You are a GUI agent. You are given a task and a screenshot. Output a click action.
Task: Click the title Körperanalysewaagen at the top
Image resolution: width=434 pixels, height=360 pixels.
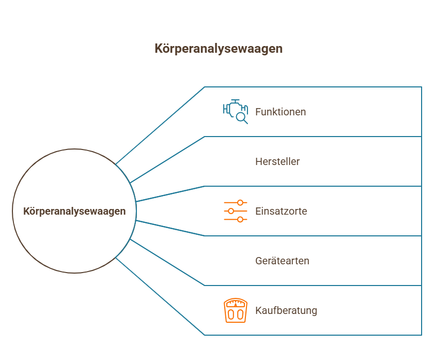coord(219,49)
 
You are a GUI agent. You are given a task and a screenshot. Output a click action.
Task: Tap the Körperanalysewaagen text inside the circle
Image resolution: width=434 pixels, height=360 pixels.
coord(74,212)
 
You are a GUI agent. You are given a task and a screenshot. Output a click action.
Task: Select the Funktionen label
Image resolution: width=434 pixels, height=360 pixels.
coord(281,112)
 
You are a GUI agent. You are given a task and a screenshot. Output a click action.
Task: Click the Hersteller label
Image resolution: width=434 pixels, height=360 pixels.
coord(277,161)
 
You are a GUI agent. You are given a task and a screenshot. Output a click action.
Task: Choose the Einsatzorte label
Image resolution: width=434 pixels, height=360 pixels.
coord(281,211)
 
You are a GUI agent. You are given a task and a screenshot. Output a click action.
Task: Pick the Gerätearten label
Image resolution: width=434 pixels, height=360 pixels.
coord(282,261)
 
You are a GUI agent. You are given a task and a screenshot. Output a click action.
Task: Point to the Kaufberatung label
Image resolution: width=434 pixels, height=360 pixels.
coord(286,310)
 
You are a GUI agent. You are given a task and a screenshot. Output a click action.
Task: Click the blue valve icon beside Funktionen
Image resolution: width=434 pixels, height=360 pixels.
coord(235,111)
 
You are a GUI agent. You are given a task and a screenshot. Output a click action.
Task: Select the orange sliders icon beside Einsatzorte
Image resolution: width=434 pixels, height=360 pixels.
coord(236,211)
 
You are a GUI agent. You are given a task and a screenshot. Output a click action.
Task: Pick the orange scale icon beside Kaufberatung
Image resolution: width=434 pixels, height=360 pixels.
coord(236,310)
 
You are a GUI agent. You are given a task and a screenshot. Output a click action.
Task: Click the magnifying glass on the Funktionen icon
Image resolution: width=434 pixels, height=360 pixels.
coord(241,118)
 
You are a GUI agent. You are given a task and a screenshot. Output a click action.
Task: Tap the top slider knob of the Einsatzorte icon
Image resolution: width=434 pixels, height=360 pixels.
coord(240,203)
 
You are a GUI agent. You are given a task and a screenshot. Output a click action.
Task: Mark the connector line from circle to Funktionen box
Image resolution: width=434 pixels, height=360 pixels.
coord(160,125)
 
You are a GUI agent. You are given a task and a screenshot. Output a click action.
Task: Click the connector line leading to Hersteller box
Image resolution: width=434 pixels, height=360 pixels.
coord(168,159)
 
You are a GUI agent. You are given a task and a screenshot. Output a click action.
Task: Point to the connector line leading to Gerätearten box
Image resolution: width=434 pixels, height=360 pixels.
coord(168,263)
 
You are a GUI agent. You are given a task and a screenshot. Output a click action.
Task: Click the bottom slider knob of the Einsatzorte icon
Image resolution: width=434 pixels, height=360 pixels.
coord(240,219)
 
